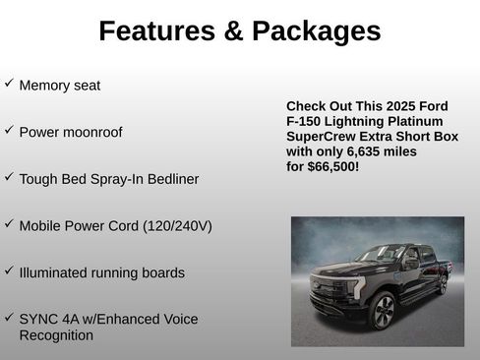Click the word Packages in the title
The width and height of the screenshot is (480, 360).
(x=317, y=31)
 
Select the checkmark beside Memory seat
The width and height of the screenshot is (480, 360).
(x=9, y=84)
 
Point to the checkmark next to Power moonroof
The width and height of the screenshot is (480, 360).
(x=9, y=130)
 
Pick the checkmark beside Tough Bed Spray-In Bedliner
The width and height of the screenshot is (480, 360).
(x=9, y=177)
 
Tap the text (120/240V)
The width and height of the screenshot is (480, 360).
(x=177, y=225)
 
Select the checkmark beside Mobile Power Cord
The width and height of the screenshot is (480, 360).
(x=9, y=223)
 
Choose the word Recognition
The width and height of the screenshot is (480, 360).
(x=56, y=335)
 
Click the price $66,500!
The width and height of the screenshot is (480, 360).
(x=335, y=167)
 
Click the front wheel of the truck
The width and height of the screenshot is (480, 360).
(x=382, y=310)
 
